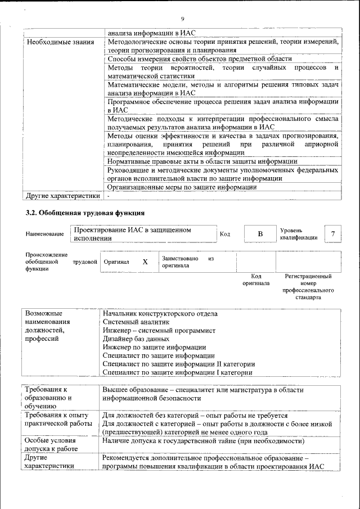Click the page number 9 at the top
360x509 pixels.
[x=182, y=19]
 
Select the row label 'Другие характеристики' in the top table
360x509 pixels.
[x=64, y=196]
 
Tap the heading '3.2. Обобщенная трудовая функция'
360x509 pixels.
[x=85, y=213]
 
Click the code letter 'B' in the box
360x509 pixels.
[x=260, y=234]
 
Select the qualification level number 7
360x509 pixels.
[x=334, y=234]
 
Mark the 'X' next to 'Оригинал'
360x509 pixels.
[x=145, y=262]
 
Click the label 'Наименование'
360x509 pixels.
[x=45, y=234]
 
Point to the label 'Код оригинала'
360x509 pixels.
[x=256, y=280]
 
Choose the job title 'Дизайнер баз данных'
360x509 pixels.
[x=136, y=339]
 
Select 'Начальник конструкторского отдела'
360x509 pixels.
[x=160, y=314]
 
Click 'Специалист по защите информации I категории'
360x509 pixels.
[x=178, y=372]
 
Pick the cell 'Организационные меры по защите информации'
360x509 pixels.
[x=182, y=187]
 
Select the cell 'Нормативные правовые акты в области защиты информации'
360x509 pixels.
[x=202, y=161]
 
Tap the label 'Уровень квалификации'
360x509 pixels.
[x=298, y=234]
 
